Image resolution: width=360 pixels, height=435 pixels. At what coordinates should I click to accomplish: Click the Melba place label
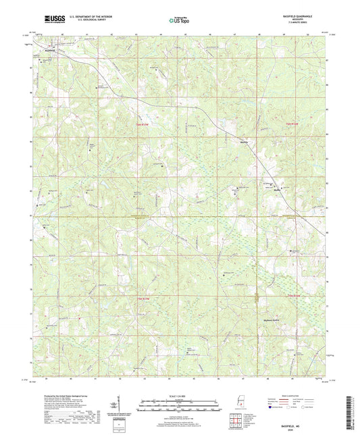[x=226, y=143]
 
